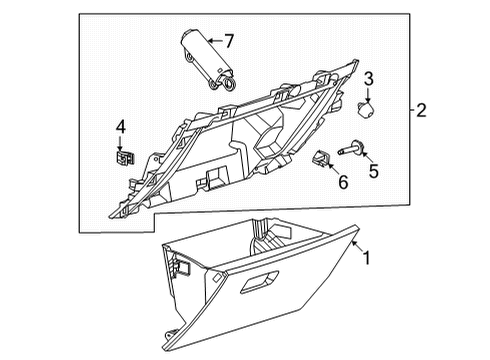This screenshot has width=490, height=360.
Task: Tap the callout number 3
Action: (368, 79)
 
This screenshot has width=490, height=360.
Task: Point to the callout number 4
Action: (120, 127)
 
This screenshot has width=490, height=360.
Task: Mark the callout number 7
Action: (229, 41)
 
